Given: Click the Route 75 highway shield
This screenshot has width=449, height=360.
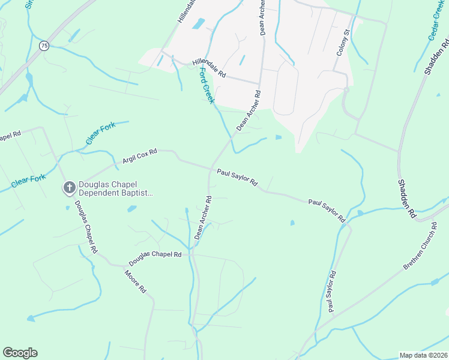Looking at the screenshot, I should click(x=44, y=46).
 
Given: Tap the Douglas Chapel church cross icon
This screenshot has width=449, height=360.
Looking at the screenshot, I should click(x=69, y=188).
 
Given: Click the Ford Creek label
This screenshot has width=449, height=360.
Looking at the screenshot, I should click(x=206, y=86).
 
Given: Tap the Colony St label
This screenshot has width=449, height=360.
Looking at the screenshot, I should click(x=343, y=43).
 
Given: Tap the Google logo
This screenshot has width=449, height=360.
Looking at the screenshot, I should click(x=20, y=353).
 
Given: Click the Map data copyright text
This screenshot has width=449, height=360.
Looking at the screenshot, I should click(x=423, y=355).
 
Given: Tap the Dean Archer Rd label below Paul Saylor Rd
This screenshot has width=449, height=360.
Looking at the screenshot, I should click(x=203, y=218).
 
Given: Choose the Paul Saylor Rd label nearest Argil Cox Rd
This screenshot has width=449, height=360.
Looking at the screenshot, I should click(x=237, y=178).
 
